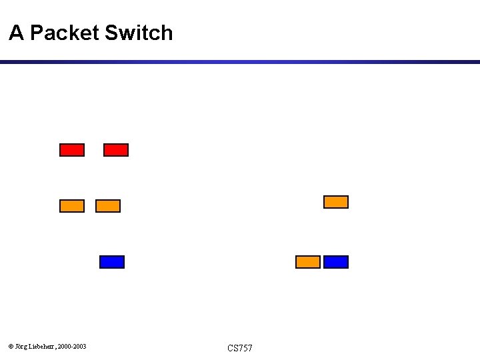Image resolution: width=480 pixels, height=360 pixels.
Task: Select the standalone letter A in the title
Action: [x=16, y=33]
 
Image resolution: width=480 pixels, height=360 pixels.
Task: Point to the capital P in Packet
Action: [x=37, y=33]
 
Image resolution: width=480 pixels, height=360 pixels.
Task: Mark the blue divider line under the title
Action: [x=240, y=62]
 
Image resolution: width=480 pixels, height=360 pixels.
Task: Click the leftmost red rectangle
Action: [x=72, y=150]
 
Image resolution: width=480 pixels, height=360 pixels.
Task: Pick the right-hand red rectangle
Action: [x=116, y=150]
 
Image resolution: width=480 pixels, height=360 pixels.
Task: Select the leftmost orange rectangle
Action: [x=72, y=206]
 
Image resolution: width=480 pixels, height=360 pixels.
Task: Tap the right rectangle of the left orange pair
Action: [x=108, y=206]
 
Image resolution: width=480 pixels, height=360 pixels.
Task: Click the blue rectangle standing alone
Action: [x=112, y=262]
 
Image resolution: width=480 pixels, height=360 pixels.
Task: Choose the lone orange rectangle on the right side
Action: [x=336, y=202]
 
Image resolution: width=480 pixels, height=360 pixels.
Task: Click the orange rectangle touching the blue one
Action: [x=308, y=262]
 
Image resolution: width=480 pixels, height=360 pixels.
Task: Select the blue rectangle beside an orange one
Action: [x=336, y=262]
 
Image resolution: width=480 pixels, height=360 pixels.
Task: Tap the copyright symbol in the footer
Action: [x=10, y=347]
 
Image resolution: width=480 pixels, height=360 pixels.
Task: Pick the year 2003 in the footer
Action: [x=79, y=347]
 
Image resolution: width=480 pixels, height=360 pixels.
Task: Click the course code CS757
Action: [x=240, y=348]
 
